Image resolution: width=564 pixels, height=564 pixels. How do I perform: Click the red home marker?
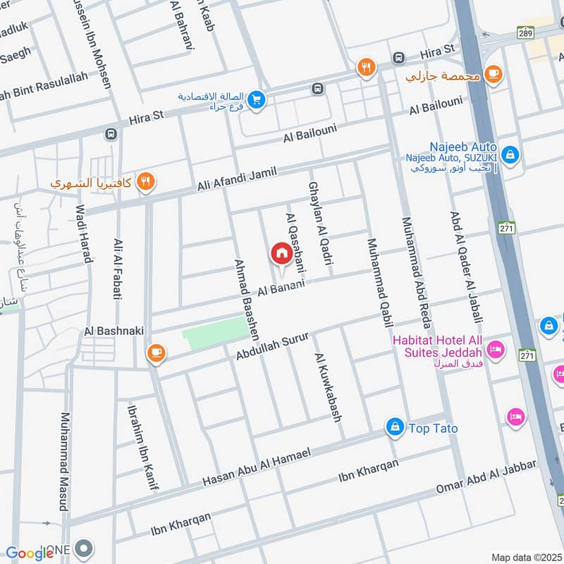(281, 252)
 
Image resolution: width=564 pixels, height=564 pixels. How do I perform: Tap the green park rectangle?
(214, 333)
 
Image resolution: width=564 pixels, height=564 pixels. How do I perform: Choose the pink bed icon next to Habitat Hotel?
(496, 350)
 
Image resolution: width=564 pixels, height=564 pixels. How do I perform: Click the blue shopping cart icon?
(256, 101)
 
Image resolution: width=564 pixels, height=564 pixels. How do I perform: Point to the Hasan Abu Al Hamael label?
(257, 468)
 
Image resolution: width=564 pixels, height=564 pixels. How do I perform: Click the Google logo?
(30, 553)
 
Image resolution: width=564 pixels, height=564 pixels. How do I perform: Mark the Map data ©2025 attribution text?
(526, 557)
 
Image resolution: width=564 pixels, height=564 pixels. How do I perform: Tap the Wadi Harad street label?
(84, 233)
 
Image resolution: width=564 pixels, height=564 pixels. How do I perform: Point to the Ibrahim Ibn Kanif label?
(142, 446)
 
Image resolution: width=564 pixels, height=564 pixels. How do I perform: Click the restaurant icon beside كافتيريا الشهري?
(146, 183)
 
